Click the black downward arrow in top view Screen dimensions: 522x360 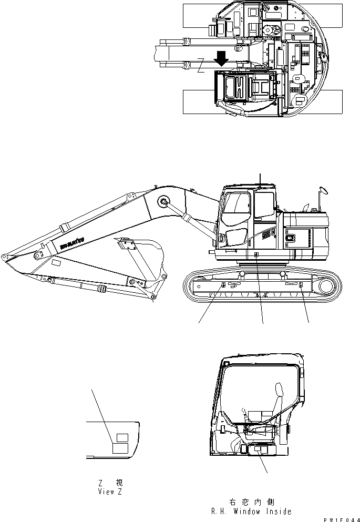click(x=222, y=58)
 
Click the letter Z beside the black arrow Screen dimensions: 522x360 click(x=202, y=69)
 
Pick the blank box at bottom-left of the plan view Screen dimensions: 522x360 click(x=198, y=101)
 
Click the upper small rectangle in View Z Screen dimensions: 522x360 click(x=122, y=437)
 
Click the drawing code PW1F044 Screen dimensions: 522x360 click(x=339, y=519)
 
